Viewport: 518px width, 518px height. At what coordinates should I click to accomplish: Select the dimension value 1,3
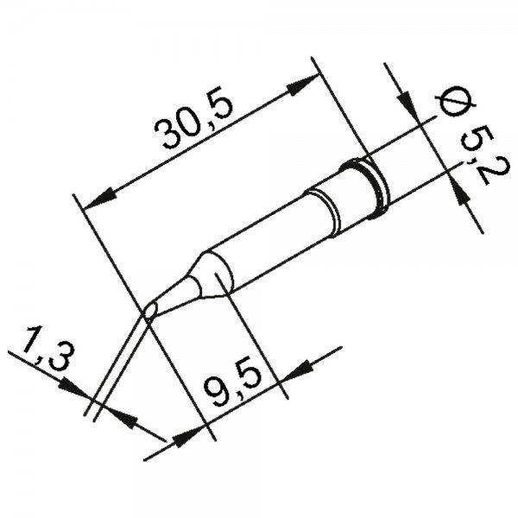pyautogui.click(x=41, y=354)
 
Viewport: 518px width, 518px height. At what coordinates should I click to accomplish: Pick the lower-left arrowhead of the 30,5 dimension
pyautogui.click(x=98, y=196)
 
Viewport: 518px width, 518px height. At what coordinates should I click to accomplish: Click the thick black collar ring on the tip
pyautogui.click(x=373, y=184)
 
